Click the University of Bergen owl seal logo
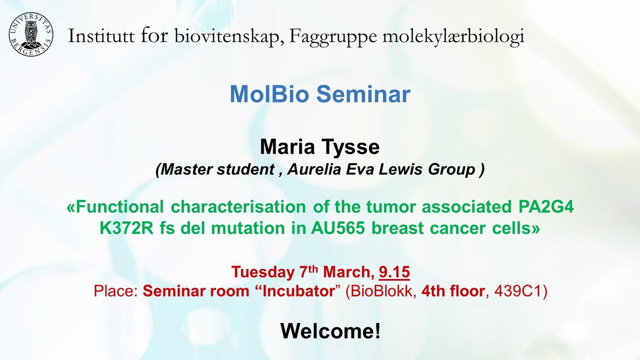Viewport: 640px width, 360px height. point(31,35)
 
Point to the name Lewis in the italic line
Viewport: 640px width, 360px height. point(400,170)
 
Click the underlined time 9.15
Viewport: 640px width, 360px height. point(394,272)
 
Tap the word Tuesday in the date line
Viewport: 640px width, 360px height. point(263,272)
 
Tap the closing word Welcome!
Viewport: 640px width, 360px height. point(330,331)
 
